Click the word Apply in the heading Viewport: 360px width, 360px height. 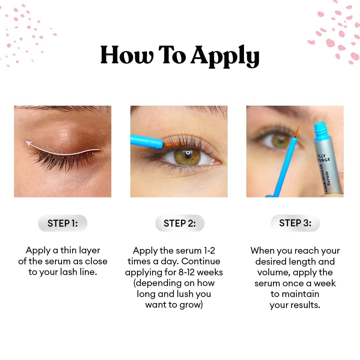(x=225, y=55)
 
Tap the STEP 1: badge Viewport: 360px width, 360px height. (x=63, y=223)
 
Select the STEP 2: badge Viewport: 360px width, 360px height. (x=180, y=223)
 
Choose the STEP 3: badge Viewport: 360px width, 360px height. (x=295, y=223)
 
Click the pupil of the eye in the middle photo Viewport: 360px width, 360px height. (x=188, y=154)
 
